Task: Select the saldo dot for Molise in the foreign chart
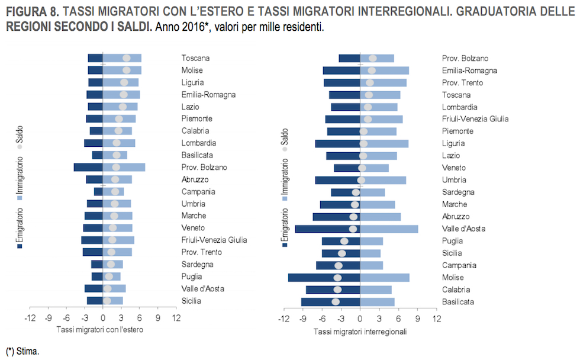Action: pyautogui.click(x=126, y=70)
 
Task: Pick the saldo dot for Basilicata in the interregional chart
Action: pyautogui.click(x=336, y=302)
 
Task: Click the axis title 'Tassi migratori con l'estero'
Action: pyautogui.click(x=99, y=330)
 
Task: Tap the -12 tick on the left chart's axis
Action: pyautogui.click(x=30, y=319)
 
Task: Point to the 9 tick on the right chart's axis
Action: pyautogui.click(x=417, y=319)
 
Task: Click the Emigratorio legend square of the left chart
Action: pyautogui.click(x=20, y=246)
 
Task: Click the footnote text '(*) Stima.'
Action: pyautogui.click(x=22, y=351)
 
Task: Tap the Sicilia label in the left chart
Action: pyautogui.click(x=191, y=301)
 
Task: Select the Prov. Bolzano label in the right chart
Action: pyautogui.click(x=465, y=58)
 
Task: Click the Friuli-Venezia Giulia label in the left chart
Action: pyautogui.click(x=214, y=240)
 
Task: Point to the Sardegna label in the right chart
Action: pyautogui.click(x=457, y=192)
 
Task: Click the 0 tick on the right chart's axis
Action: pyautogui.click(x=360, y=319)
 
